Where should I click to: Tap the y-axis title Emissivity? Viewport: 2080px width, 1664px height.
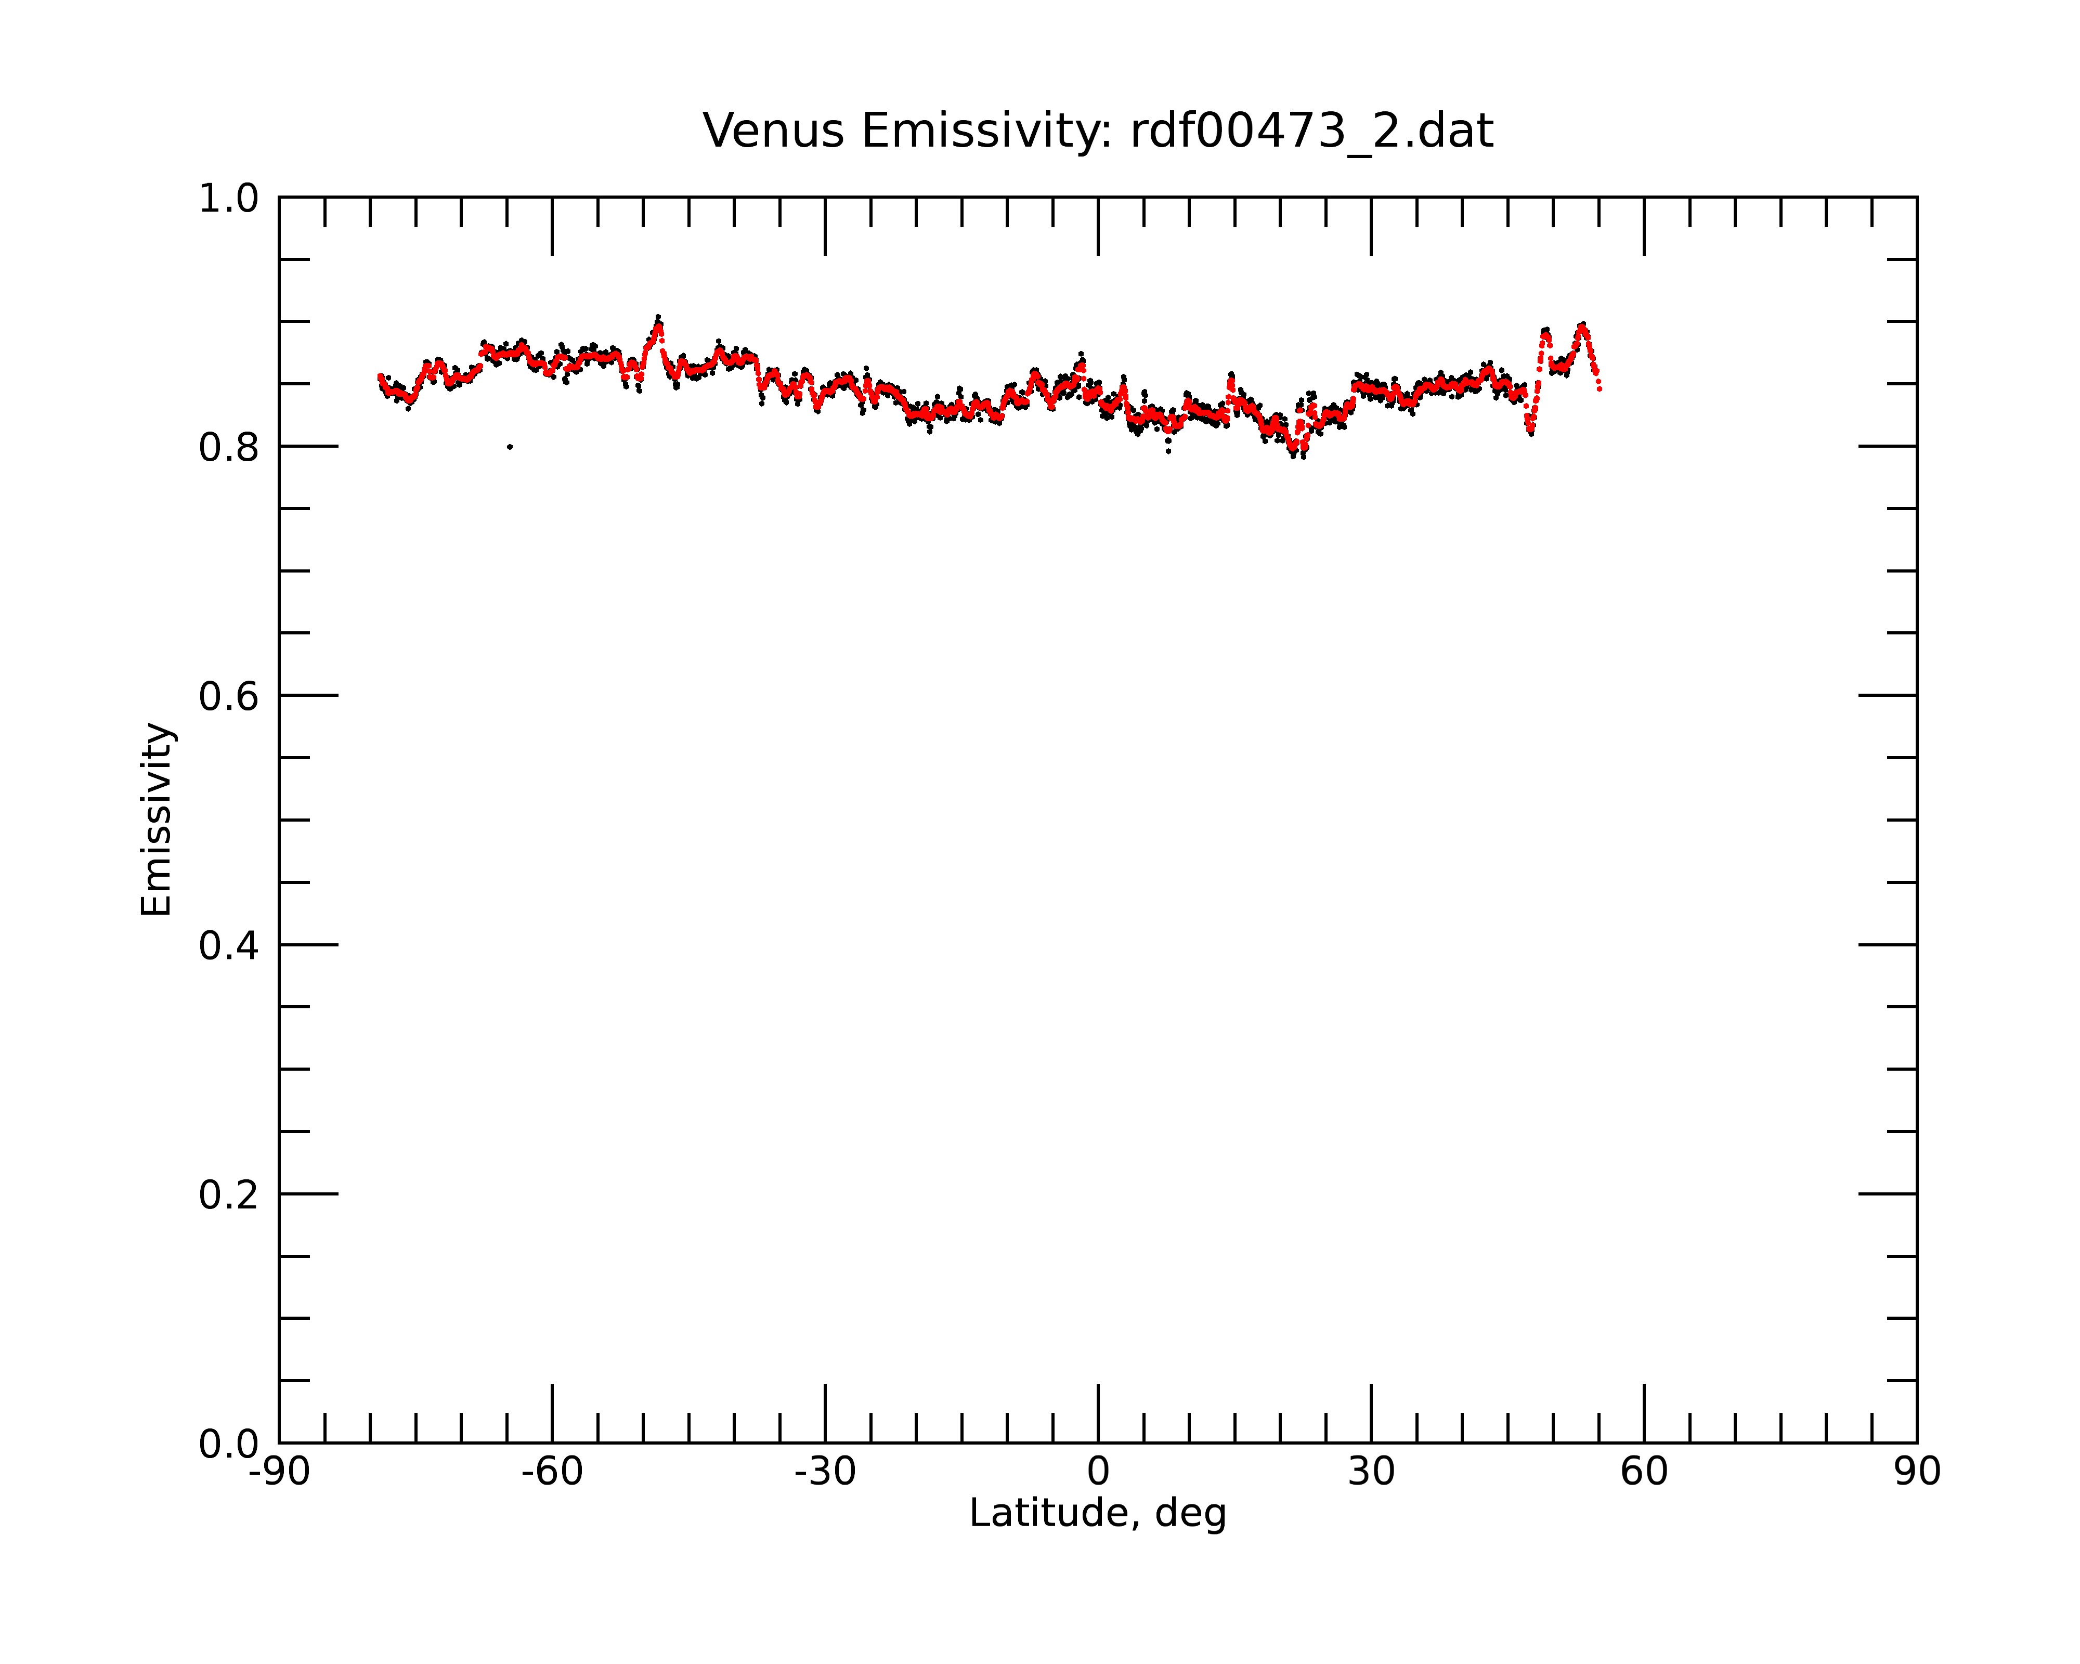(x=157, y=819)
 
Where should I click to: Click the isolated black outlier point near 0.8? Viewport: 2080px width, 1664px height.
(x=510, y=447)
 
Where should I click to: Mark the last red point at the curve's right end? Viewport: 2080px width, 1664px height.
(x=1600, y=389)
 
